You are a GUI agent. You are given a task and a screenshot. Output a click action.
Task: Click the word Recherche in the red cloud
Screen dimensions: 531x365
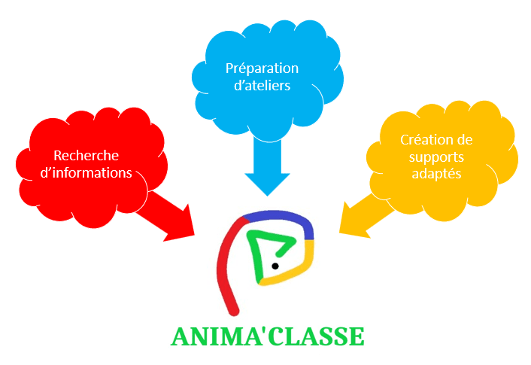(x=86, y=156)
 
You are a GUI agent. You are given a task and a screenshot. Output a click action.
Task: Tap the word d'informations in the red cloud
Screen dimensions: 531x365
(x=86, y=173)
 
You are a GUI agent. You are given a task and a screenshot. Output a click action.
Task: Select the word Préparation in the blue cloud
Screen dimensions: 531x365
(x=262, y=68)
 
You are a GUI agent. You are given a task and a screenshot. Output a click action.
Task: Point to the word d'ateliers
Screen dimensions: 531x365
(x=262, y=85)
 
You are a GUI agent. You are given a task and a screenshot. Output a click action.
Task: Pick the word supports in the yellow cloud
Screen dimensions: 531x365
(x=436, y=157)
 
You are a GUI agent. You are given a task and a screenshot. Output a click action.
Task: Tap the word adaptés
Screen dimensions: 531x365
(x=436, y=174)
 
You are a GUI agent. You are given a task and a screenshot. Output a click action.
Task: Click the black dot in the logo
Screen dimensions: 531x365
(x=275, y=266)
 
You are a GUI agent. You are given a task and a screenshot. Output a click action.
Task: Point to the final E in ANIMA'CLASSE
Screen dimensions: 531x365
(x=355, y=336)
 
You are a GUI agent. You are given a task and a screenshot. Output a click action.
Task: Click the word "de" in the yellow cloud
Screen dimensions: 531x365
(x=464, y=140)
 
